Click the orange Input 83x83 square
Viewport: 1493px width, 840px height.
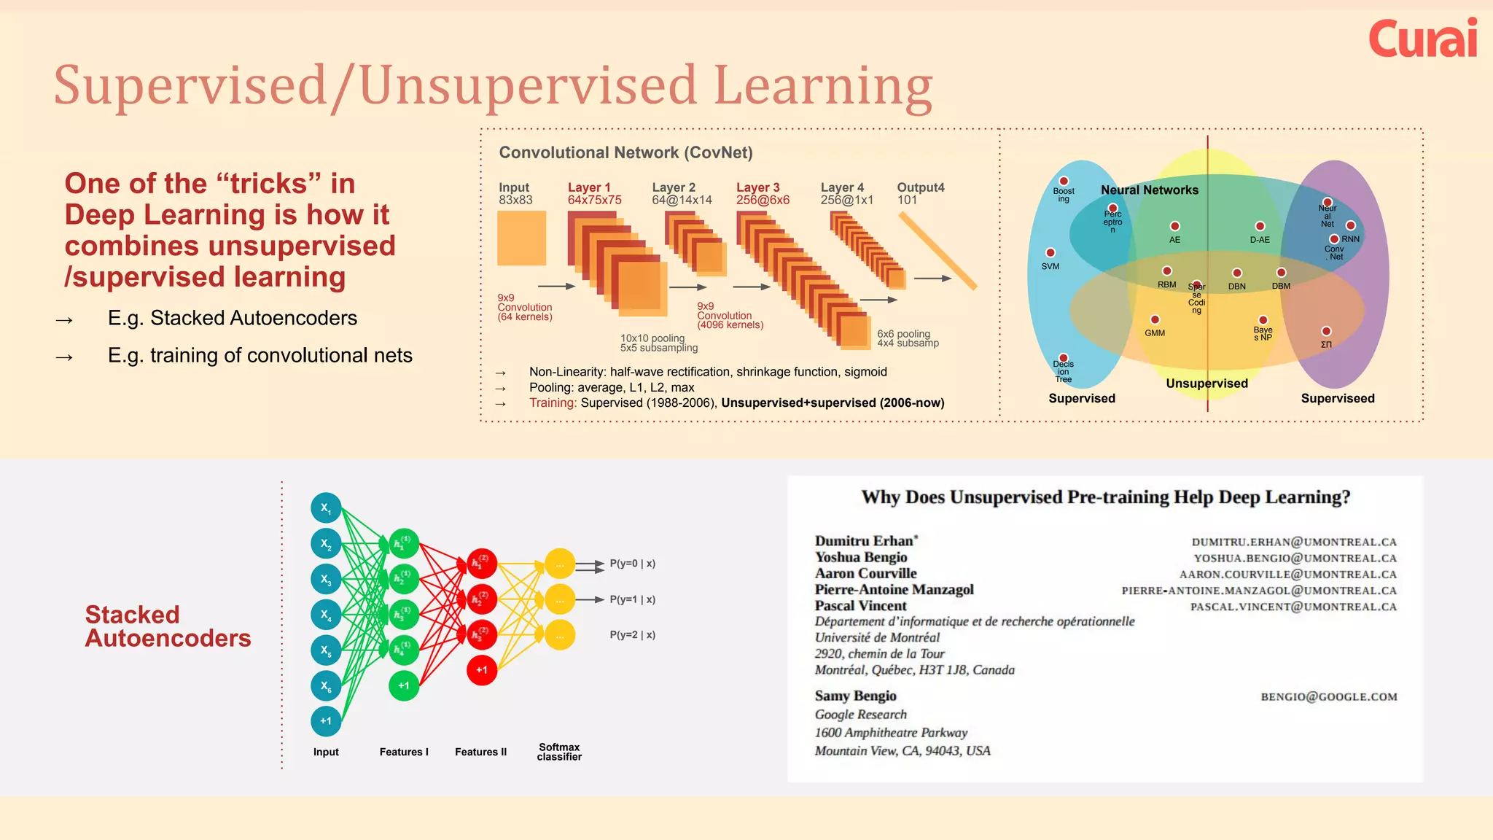coord(521,238)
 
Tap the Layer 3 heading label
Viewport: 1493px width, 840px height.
coord(757,187)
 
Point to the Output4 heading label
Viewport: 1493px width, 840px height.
coord(920,187)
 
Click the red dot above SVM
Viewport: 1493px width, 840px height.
coord(1050,253)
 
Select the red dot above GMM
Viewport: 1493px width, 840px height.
coord(1155,319)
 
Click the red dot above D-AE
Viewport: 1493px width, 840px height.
coord(1260,227)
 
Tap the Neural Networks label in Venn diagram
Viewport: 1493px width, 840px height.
coord(1149,190)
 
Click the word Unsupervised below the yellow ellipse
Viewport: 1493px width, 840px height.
coord(1207,384)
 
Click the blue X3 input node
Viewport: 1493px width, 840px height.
coord(326,579)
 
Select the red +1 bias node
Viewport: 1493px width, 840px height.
coord(482,669)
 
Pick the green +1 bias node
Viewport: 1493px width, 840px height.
coord(404,685)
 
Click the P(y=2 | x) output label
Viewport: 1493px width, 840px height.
coord(632,634)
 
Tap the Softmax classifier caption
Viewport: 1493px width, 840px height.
coord(559,752)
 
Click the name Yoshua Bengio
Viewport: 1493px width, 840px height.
coord(861,557)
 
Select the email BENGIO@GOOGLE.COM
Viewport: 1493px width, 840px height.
coord(1328,697)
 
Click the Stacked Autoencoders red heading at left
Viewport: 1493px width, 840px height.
coord(168,626)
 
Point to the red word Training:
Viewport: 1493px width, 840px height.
coord(553,402)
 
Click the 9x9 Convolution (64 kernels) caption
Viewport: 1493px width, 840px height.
coord(525,307)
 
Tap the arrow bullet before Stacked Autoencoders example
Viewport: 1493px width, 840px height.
coord(64,319)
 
